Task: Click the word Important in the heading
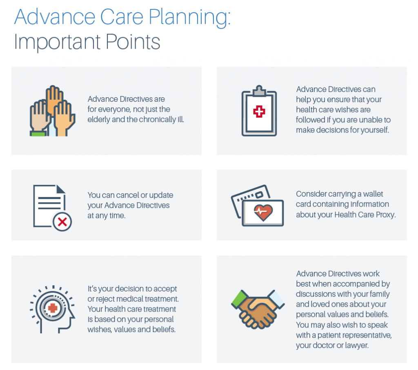point(55,42)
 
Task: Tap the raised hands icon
point(52,111)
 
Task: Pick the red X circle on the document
point(62,222)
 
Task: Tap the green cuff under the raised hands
point(38,133)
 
